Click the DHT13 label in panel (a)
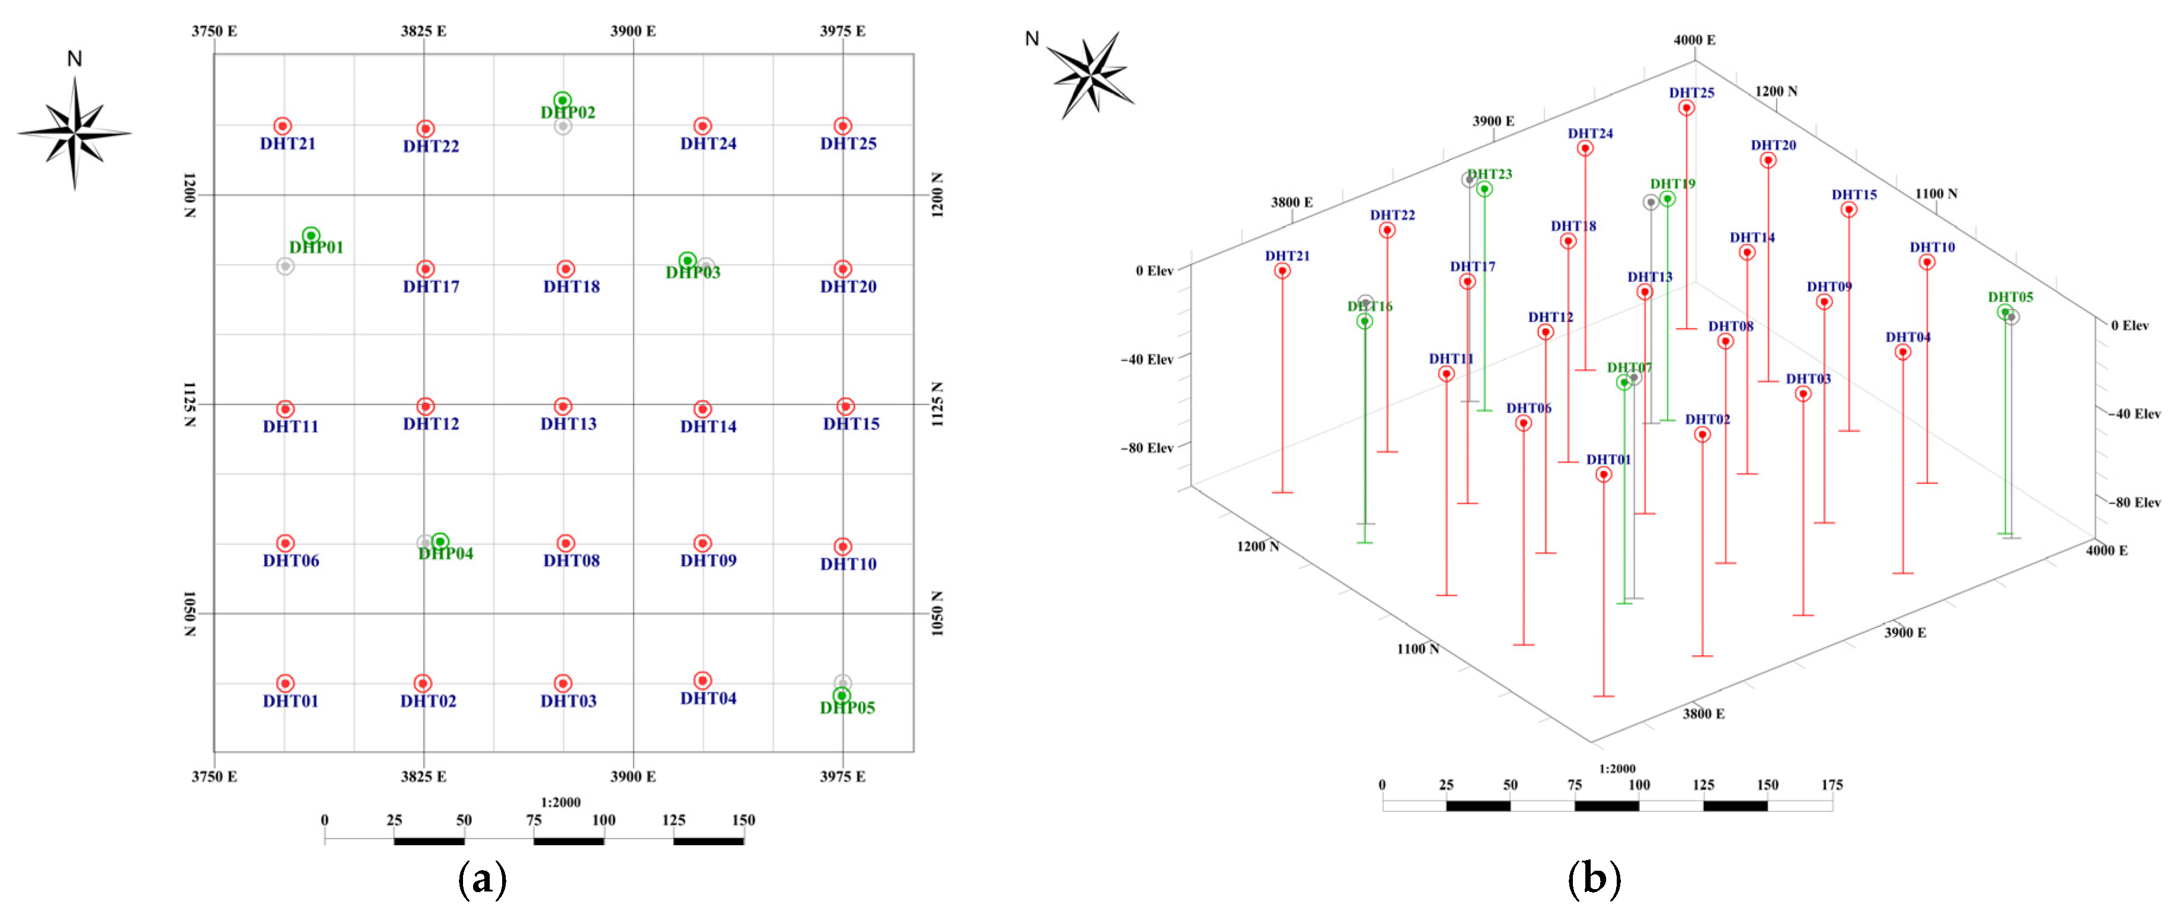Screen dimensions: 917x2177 coord(568,424)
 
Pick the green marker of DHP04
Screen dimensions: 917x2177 coord(439,541)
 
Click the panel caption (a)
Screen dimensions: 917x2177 coord(482,879)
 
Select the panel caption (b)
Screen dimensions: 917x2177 coord(1593,879)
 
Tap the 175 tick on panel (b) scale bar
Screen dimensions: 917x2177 coord(1831,785)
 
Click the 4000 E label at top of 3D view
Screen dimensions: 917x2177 coord(1694,40)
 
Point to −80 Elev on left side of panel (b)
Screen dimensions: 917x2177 coord(1147,448)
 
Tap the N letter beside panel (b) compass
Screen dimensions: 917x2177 coord(1031,39)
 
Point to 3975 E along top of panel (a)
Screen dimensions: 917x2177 coord(842,31)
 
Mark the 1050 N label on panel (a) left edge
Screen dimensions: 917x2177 coord(189,613)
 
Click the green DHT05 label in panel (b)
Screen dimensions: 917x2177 coord(2010,297)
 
